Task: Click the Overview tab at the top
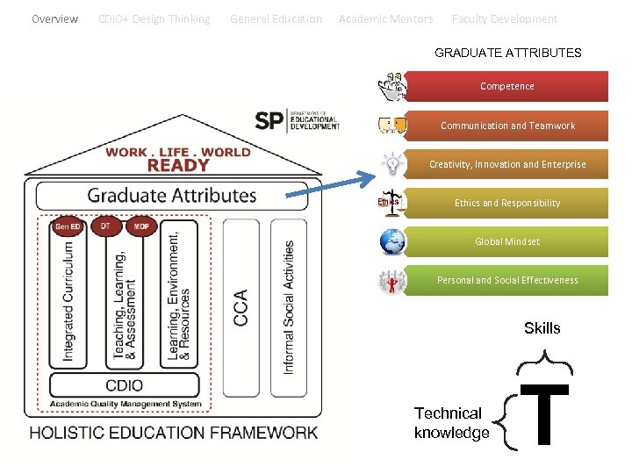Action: point(54,18)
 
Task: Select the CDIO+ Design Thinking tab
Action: point(154,18)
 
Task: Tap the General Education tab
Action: point(276,18)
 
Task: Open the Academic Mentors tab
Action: point(386,18)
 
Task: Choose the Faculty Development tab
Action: point(505,18)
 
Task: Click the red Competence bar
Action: point(506,87)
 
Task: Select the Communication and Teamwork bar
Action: point(507,126)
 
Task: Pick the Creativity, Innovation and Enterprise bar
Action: point(507,164)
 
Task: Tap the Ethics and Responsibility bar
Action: point(507,203)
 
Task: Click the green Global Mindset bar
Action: point(507,241)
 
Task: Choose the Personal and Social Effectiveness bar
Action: point(507,280)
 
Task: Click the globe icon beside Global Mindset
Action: point(392,241)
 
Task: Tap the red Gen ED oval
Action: point(68,226)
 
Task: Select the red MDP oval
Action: point(140,226)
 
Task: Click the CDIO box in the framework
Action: point(124,384)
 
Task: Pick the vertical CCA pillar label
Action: point(241,307)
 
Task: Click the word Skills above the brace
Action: point(542,328)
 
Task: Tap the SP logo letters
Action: point(269,121)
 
